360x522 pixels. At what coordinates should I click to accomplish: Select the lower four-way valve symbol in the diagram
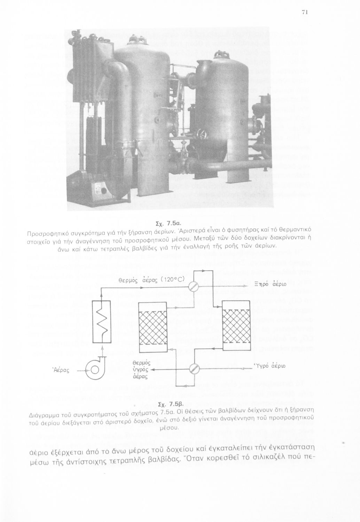point(194,367)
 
